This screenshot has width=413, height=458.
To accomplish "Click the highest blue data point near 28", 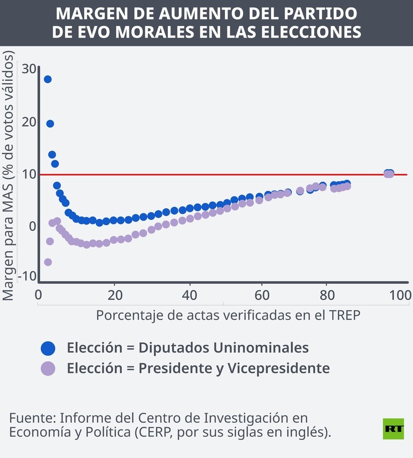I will pyautogui.click(x=48, y=79).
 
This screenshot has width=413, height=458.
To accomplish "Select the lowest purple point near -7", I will pyautogui.click(x=48, y=262).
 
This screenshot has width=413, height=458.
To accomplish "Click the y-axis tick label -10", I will pyautogui.click(x=27, y=276).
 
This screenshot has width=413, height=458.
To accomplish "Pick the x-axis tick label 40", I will pyautogui.click(x=189, y=295).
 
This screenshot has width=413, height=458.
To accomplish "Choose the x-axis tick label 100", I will pyautogui.click(x=401, y=295).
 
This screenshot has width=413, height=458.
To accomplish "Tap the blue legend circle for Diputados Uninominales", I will pyautogui.click(x=48, y=348).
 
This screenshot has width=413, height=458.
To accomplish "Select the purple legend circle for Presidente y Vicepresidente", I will pyautogui.click(x=48, y=368).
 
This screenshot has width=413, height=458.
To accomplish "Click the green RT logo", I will pyautogui.click(x=393, y=428).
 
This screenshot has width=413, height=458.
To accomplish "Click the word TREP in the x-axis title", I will pyautogui.click(x=345, y=316).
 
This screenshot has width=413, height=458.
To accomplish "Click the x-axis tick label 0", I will pyautogui.click(x=39, y=295).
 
